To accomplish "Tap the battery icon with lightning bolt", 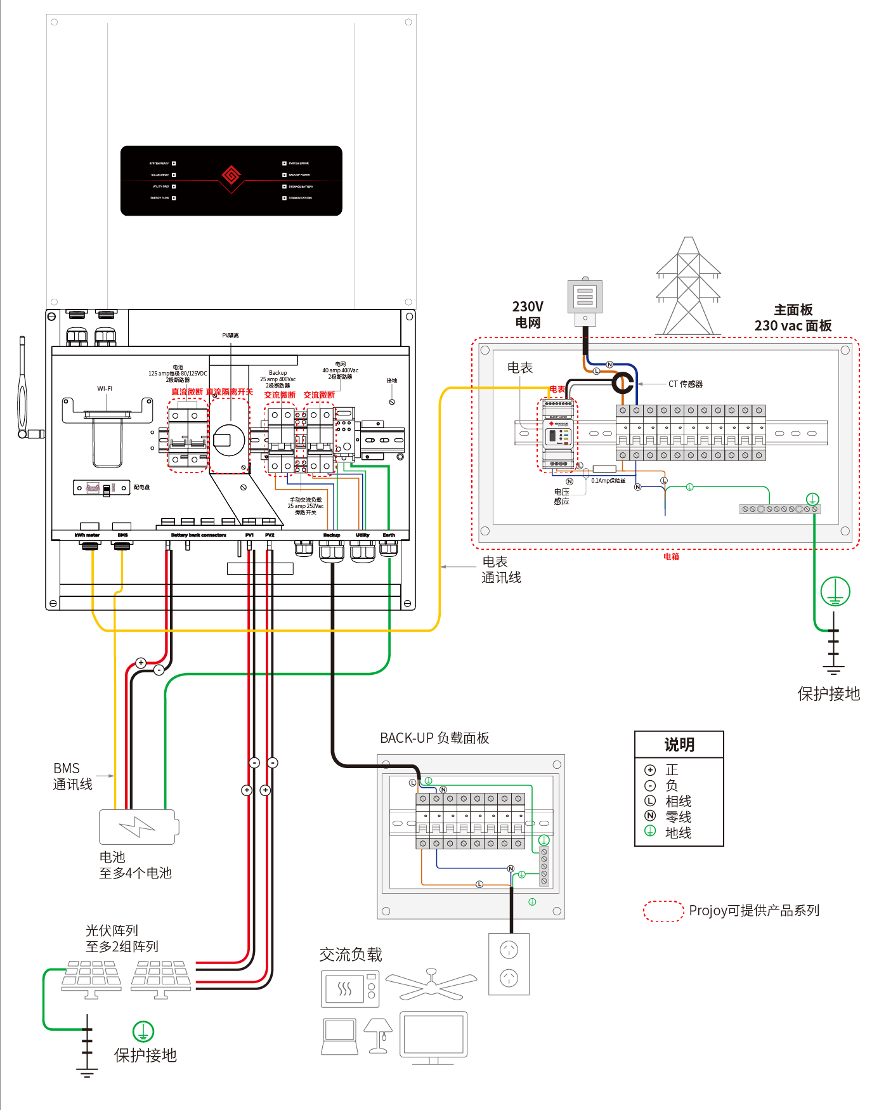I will point(138,827).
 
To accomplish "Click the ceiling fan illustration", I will point(431,984).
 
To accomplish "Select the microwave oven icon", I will point(350,989).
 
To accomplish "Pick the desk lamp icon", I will point(379,1036).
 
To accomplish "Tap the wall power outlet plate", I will point(509,963).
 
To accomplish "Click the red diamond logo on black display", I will point(231,174).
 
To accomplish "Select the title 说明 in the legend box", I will point(679,745).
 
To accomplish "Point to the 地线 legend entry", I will point(677,832).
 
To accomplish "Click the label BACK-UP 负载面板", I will point(434,738).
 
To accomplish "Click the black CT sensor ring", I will point(623,383).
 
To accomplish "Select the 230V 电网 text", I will point(528,314).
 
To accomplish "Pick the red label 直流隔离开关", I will point(230,392).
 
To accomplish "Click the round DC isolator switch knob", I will point(228,440).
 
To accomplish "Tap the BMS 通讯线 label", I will point(72,776).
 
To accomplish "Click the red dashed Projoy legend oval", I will point(663,911).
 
